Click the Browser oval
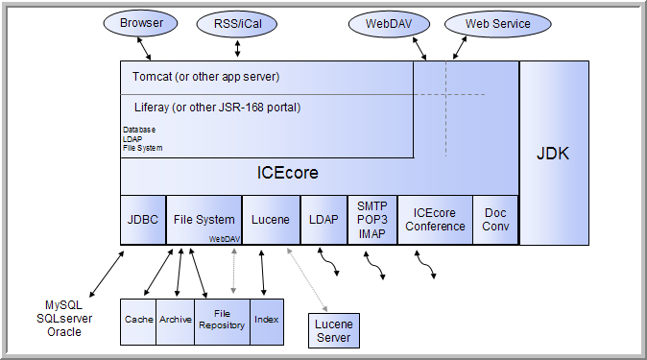point(142,21)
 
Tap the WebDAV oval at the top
point(382,22)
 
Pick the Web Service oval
point(498,22)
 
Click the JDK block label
point(554,153)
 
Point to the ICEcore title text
point(287,174)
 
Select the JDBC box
point(142,220)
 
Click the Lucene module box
point(270,220)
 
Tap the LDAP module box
point(323,220)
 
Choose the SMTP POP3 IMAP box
point(371,220)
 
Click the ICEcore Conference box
point(435,220)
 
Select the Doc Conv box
point(496,220)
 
